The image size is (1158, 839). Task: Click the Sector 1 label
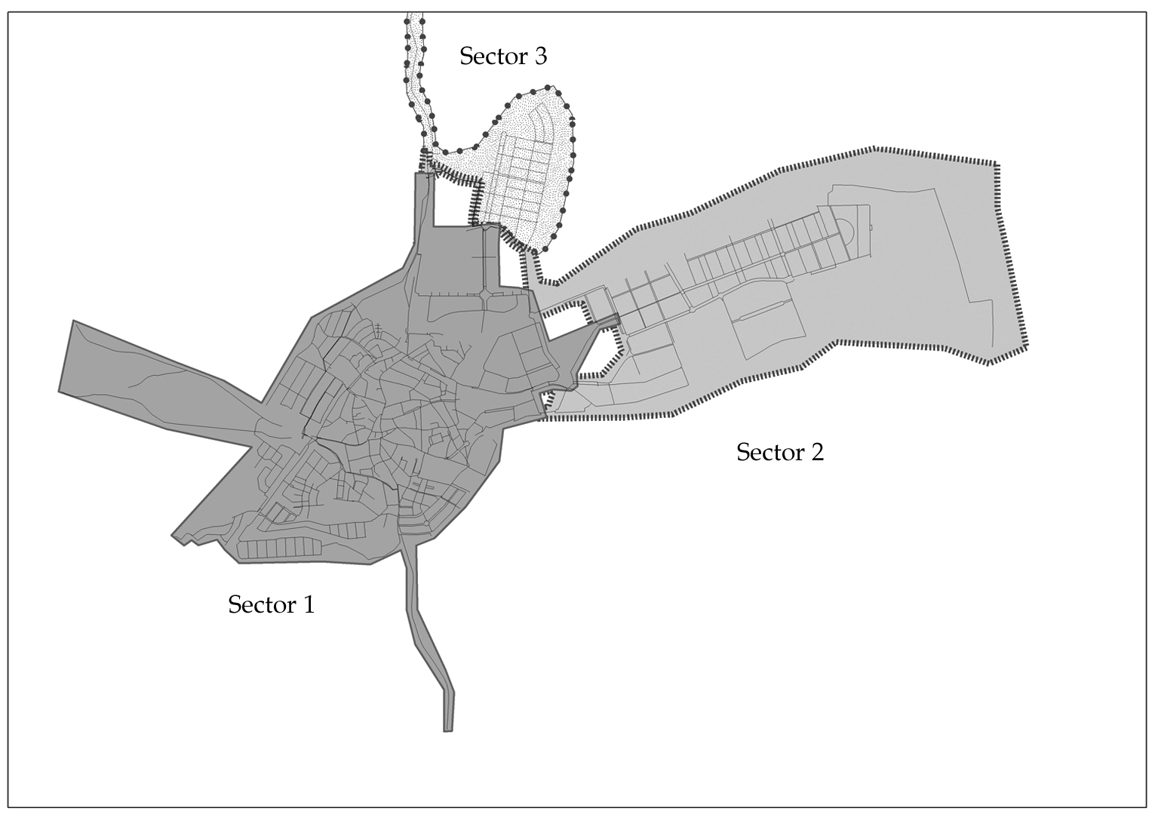pyautogui.click(x=271, y=604)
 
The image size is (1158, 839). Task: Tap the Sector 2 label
pyautogui.click(x=779, y=452)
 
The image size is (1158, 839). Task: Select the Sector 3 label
pyautogui.click(x=503, y=56)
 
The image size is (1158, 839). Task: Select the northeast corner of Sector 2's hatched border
pyautogui.click(x=996, y=164)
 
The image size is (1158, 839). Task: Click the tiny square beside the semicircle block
pyautogui.click(x=871, y=227)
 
